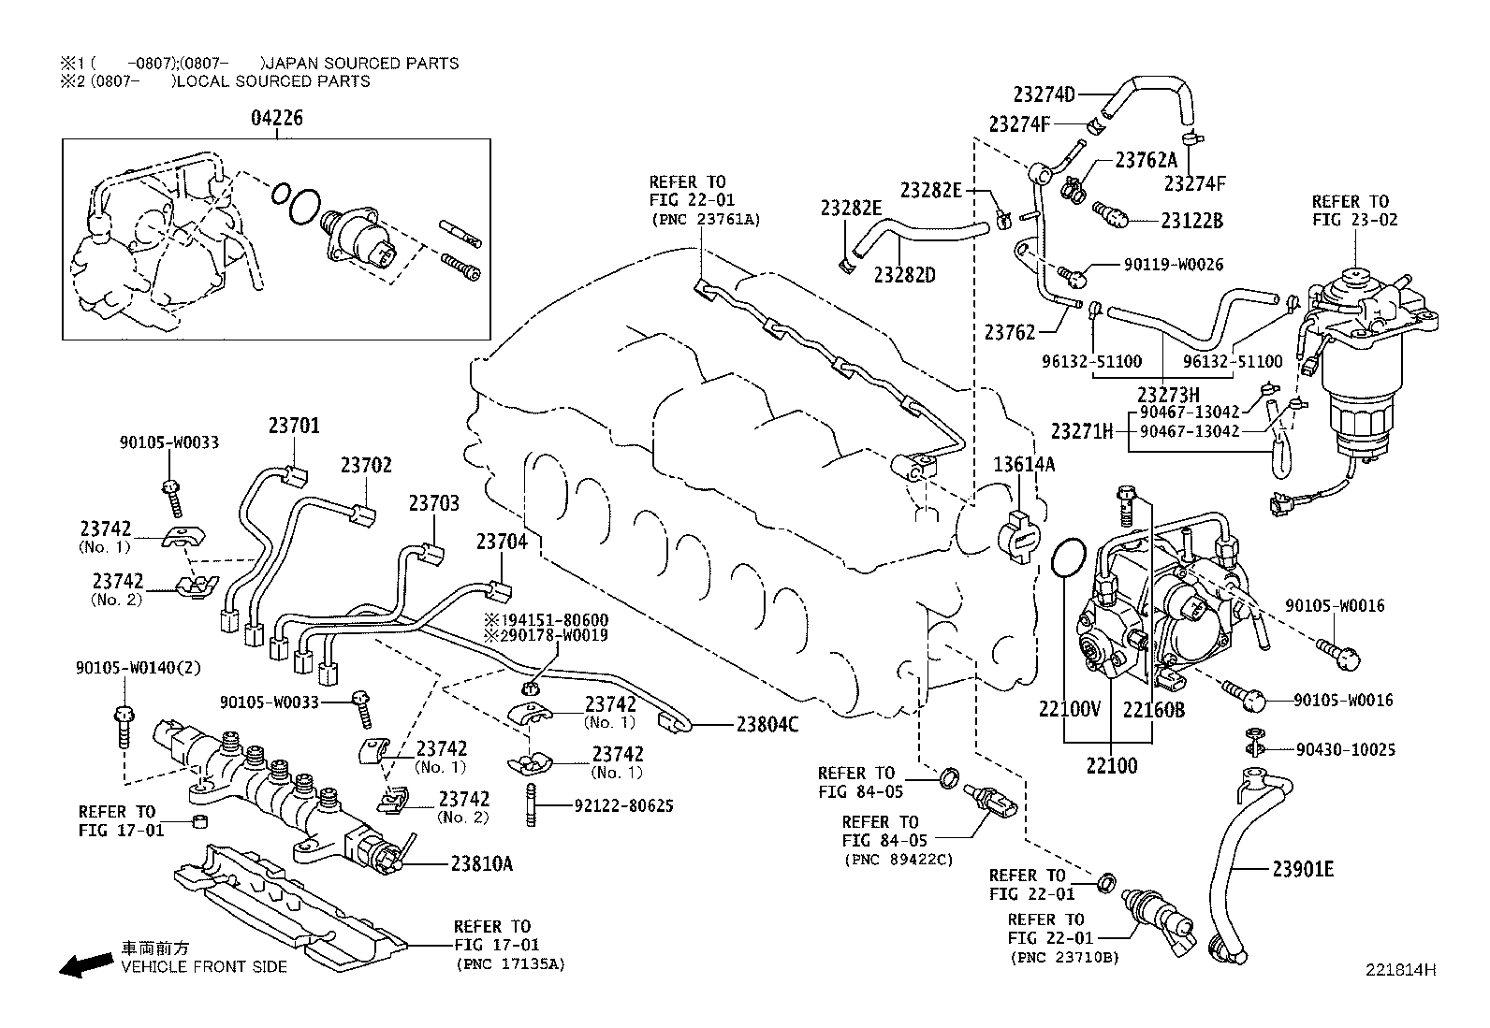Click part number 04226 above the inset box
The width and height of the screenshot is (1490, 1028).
277,119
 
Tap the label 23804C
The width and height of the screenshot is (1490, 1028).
767,723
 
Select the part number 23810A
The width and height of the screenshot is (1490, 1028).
482,863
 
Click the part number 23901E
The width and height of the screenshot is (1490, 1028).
1303,869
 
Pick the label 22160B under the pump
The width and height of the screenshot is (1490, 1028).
1154,710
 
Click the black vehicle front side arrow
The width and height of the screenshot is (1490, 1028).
84,964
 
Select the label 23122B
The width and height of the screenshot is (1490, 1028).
1191,221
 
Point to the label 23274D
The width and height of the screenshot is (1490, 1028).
1044,94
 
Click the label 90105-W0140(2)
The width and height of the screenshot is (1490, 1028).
138,668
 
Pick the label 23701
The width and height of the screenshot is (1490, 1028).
294,426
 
